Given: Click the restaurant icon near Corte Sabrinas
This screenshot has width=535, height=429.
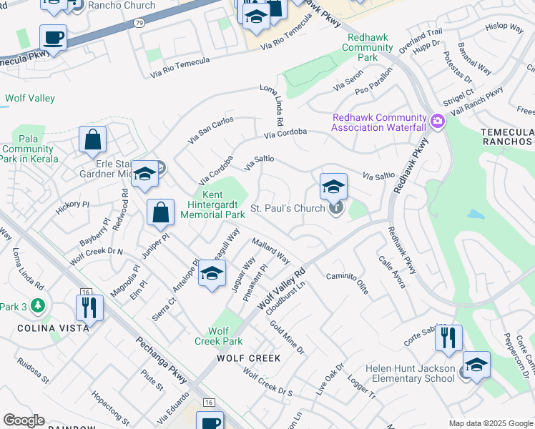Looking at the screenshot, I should pyautogui.click(x=448, y=338).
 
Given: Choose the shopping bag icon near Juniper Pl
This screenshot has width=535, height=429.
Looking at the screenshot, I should pyautogui.click(x=161, y=212).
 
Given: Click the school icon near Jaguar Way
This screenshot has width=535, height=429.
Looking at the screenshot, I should pyautogui.click(x=212, y=273).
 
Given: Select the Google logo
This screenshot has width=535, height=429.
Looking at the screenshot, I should pyautogui.click(x=24, y=420).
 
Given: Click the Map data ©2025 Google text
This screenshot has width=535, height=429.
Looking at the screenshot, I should pyautogui.click(x=490, y=423).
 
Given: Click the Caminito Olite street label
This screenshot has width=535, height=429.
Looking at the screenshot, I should pyautogui.click(x=348, y=279).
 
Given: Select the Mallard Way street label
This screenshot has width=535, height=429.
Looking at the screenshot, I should pyautogui.click(x=270, y=251).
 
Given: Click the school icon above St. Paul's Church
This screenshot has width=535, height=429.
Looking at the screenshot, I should pyautogui.click(x=333, y=187).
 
